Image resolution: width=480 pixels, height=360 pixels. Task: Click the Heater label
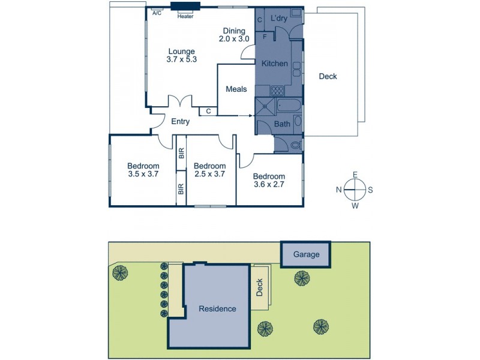[185, 17]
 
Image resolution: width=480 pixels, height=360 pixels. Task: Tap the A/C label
[157, 13]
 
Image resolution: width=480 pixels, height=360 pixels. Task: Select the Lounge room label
[182, 55]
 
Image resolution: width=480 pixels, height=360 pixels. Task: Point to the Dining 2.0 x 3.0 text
[233, 35]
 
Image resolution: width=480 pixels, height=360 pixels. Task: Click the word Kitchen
[275, 64]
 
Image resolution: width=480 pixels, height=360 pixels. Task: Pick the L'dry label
[279, 19]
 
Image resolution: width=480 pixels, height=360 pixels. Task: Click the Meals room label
[236, 89]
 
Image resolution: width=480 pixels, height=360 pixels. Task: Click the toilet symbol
[293, 145]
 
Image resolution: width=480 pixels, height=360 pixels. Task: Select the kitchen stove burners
[277, 91]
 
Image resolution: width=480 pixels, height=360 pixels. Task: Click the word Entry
[181, 122]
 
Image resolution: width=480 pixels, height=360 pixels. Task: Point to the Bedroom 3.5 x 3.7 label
[143, 170]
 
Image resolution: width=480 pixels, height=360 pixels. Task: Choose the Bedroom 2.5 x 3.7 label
[210, 170]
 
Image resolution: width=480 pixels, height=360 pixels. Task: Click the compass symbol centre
[355, 190]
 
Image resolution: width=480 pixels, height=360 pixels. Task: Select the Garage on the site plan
[306, 254]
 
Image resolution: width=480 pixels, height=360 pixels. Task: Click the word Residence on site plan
[218, 309]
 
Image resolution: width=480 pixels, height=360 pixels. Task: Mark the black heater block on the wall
[185, 7]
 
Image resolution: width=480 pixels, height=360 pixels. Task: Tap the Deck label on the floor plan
[328, 76]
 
